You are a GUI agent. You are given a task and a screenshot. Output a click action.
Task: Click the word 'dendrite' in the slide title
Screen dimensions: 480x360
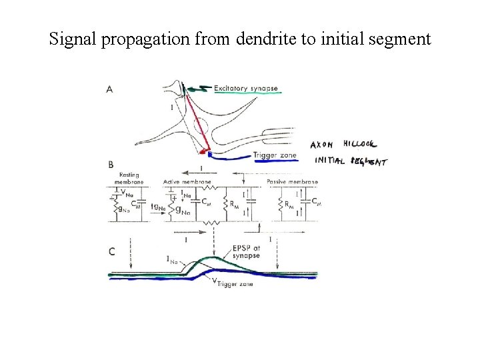(x=261, y=39)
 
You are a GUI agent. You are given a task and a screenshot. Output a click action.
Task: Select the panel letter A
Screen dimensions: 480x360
(x=109, y=90)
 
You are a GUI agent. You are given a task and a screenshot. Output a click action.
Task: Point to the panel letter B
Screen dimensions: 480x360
(x=110, y=163)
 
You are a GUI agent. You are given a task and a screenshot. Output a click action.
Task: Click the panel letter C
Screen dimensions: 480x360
(x=111, y=251)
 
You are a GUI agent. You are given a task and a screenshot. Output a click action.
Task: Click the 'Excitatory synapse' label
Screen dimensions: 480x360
(x=245, y=87)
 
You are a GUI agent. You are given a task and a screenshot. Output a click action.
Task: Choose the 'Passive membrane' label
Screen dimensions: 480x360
(x=292, y=181)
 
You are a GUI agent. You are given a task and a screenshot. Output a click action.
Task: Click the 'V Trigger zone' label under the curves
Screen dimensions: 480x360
(x=234, y=283)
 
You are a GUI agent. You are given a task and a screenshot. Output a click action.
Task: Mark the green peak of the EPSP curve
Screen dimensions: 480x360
(x=213, y=258)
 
